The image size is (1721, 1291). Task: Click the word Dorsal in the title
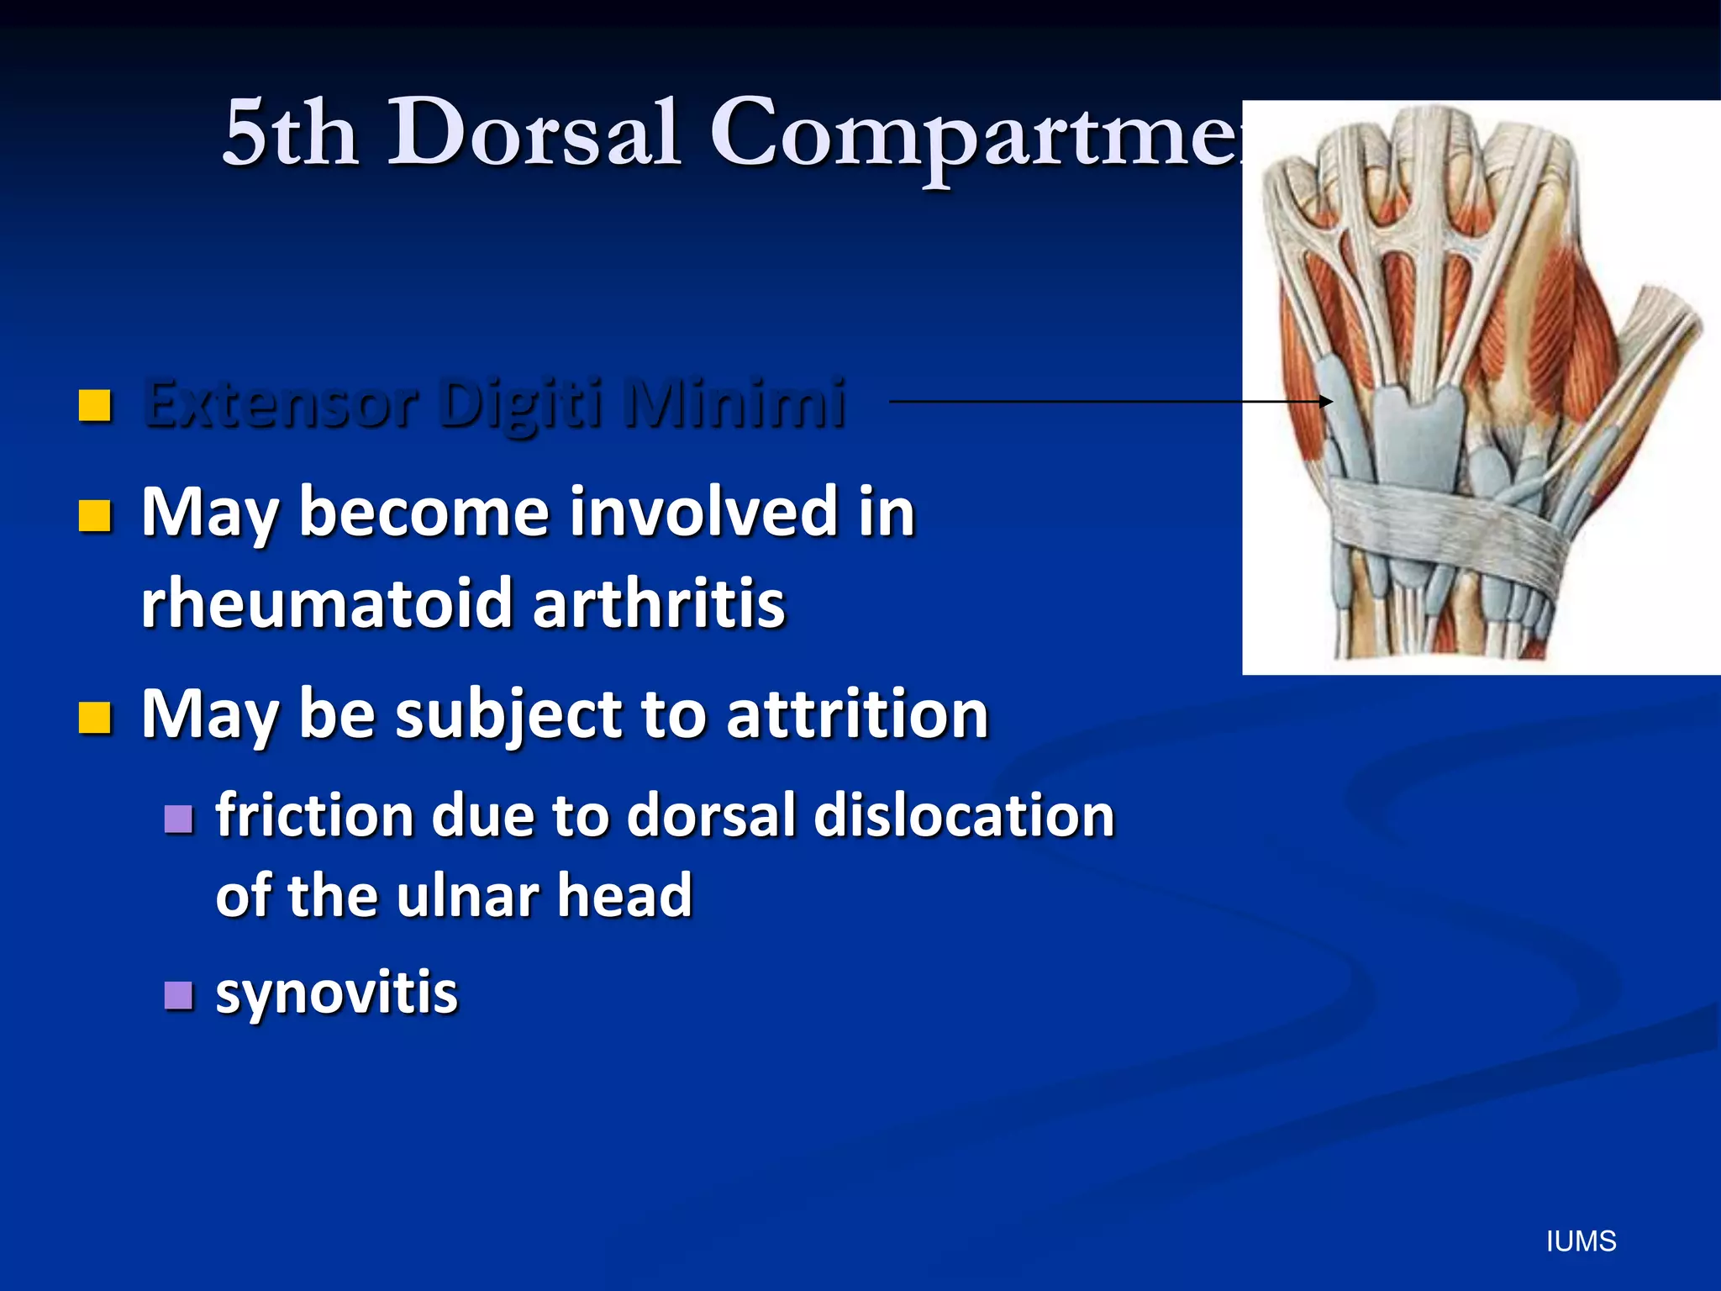pos(533,133)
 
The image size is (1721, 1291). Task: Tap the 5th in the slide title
pos(289,133)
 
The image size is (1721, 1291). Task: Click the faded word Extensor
pos(281,403)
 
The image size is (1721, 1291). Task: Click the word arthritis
pos(659,603)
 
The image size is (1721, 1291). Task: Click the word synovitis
pos(336,993)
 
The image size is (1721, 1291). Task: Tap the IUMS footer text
pos(1581,1241)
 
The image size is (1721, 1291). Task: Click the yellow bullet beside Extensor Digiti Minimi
pos(95,405)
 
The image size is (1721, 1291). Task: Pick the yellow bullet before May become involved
pos(95,516)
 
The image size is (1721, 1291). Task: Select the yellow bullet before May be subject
pos(95,718)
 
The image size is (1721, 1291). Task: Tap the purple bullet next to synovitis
pos(178,995)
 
